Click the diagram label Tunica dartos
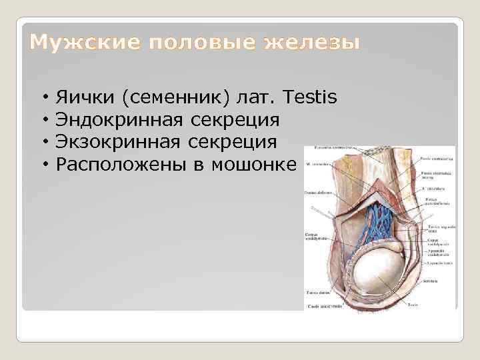coord(316,292)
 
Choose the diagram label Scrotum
coord(429,281)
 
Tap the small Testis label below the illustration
coord(413,305)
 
